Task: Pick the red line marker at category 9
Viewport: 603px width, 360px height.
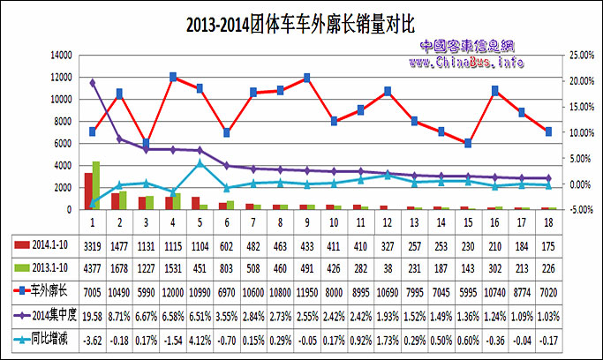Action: click(307, 78)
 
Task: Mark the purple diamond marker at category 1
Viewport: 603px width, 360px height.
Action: click(93, 83)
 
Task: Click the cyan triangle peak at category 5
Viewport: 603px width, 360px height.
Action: click(200, 162)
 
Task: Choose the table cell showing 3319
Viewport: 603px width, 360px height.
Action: click(92, 242)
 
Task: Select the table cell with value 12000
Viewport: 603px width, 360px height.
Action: click(173, 289)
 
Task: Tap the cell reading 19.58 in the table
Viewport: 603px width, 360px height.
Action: click(92, 313)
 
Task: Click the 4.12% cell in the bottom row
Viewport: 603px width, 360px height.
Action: click(200, 337)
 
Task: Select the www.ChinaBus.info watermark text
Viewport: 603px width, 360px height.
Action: click(465, 62)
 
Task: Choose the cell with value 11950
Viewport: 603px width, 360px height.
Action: click(307, 289)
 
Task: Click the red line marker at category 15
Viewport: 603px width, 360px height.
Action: click(468, 143)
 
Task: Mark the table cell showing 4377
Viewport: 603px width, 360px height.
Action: click(92, 266)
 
